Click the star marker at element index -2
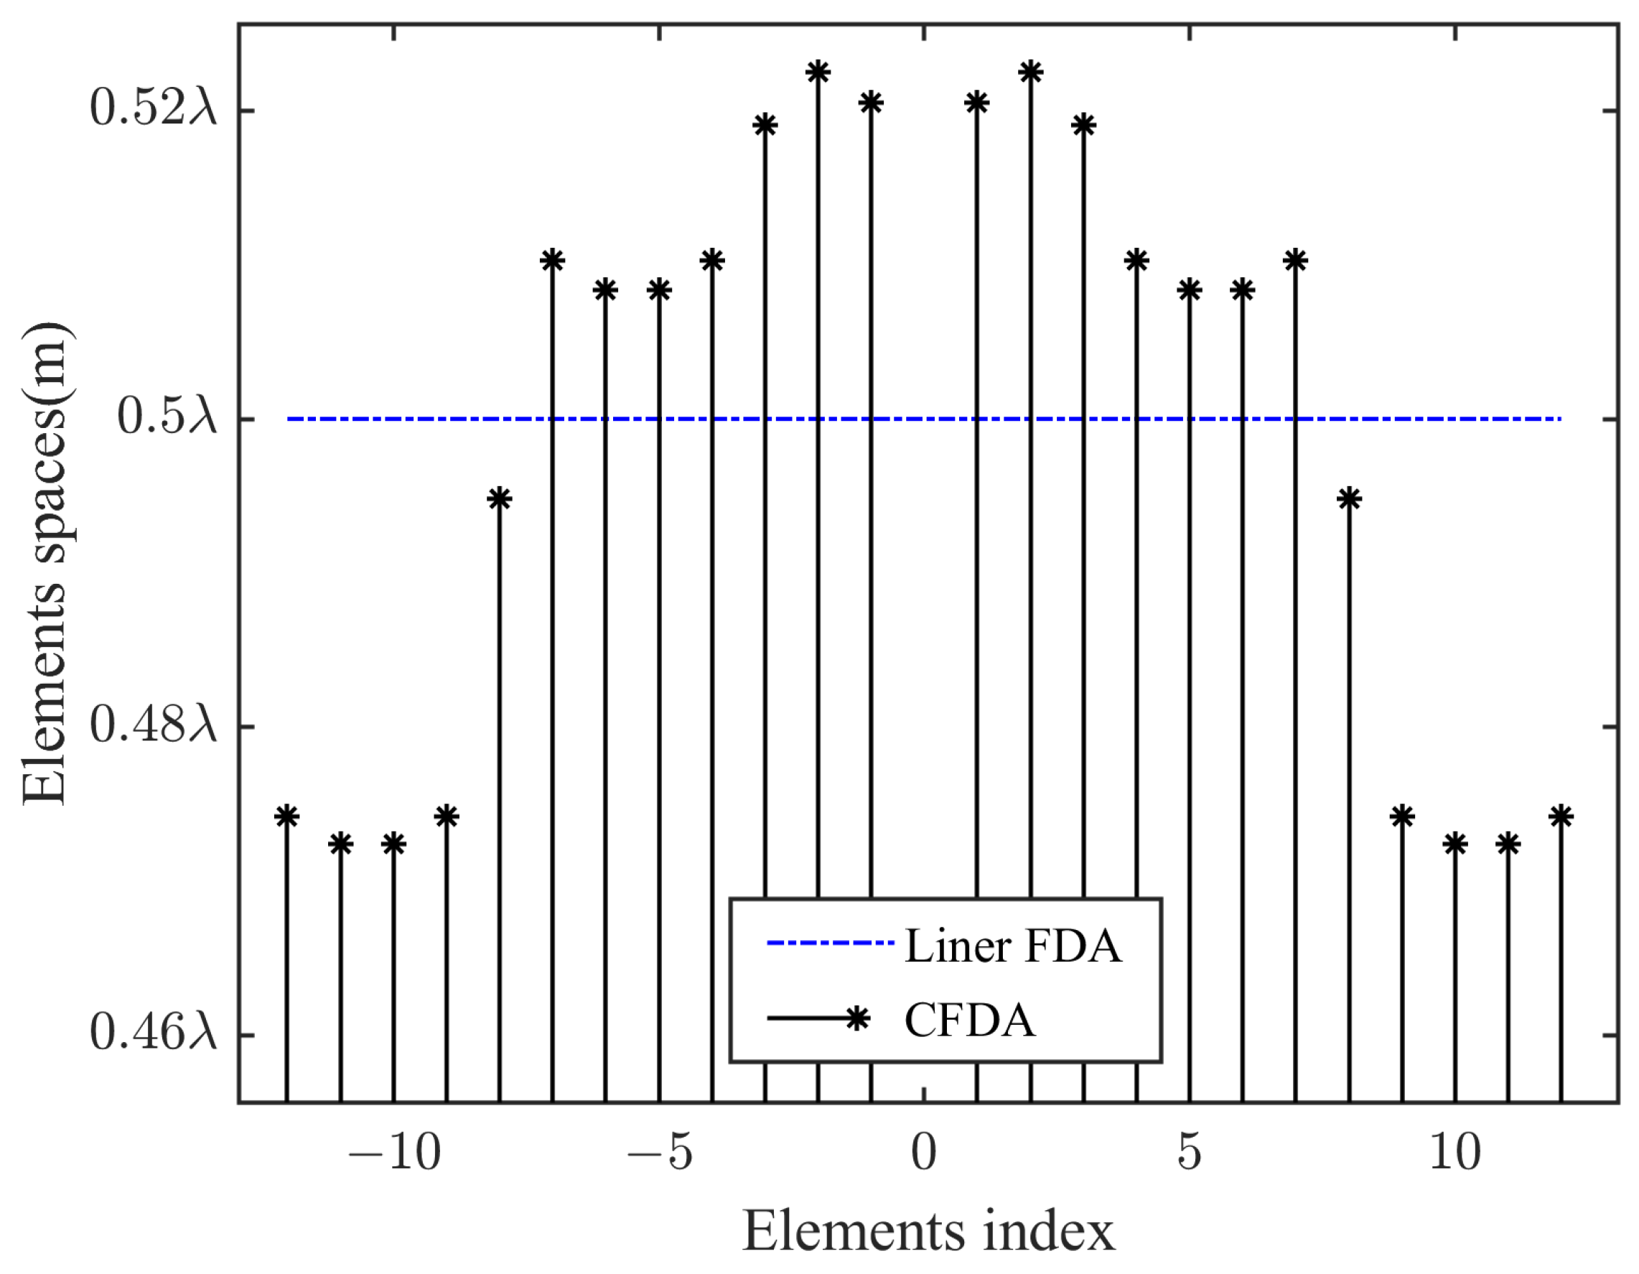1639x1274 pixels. [x=817, y=73]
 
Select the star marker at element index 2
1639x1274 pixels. [x=1030, y=73]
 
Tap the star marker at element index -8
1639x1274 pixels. [x=499, y=498]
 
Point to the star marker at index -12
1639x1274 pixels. [x=286, y=816]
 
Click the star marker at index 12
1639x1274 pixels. [x=1561, y=816]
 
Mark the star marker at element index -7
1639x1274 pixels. [x=552, y=261]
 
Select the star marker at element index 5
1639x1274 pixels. [x=1190, y=290]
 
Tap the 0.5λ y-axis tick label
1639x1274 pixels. [x=167, y=418]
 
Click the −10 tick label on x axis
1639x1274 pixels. [x=394, y=1153]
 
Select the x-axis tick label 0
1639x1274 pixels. [x=924, y=1153]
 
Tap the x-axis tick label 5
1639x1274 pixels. [x=1190, y=1153]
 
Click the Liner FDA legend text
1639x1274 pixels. [x=1013, y=946]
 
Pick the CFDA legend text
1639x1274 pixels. [x=970, y=1020]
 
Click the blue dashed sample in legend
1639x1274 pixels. [x=829, y=944]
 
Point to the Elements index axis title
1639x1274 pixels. [x=928, y=1232]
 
